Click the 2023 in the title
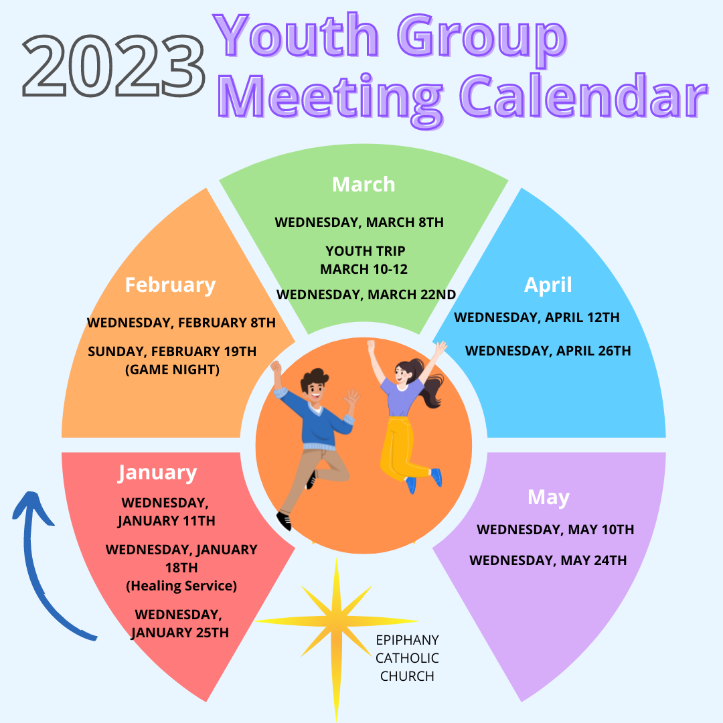[113, 66]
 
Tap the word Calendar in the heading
[584, 96]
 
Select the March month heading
[364, 185]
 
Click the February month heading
[170, 285]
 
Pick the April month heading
[548, 285]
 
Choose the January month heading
[157, 473]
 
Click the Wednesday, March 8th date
[359, 222]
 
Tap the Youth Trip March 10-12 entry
[364, 260]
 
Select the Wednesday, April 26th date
[548, 351]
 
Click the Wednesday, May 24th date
[548, 560]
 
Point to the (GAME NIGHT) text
[173, 370]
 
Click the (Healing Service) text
[181, 586]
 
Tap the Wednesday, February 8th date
[181, 323]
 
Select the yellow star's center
[336, 621]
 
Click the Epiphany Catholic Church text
[407, 658]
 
